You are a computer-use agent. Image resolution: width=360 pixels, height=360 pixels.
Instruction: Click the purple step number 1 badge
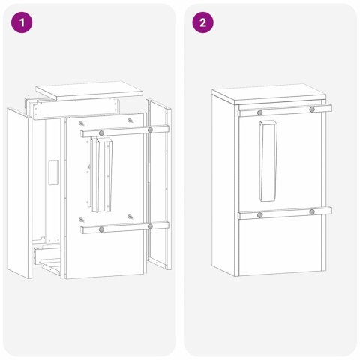(23, 23)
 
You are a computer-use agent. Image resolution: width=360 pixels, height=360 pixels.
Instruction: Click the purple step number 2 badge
(201, 23)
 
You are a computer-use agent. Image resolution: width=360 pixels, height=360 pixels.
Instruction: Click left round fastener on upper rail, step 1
(100, 131)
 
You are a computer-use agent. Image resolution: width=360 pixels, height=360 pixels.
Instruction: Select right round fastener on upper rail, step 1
(151, 130)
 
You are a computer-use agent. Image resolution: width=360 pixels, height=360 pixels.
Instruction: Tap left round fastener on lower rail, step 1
(100, 226)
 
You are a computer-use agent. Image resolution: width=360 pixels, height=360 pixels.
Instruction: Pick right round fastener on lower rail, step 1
(151, 226)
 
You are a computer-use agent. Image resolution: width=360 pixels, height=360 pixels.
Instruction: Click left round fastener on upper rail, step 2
(259, 111)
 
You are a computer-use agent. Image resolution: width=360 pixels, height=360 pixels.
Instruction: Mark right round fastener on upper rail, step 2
(311, 109)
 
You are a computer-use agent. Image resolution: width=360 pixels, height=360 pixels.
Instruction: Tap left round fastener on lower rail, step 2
(259, 215)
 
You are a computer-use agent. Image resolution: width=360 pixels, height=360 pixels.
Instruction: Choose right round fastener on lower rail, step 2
(311, 212)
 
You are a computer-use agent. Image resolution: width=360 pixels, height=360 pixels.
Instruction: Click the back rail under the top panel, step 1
(75, 108)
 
